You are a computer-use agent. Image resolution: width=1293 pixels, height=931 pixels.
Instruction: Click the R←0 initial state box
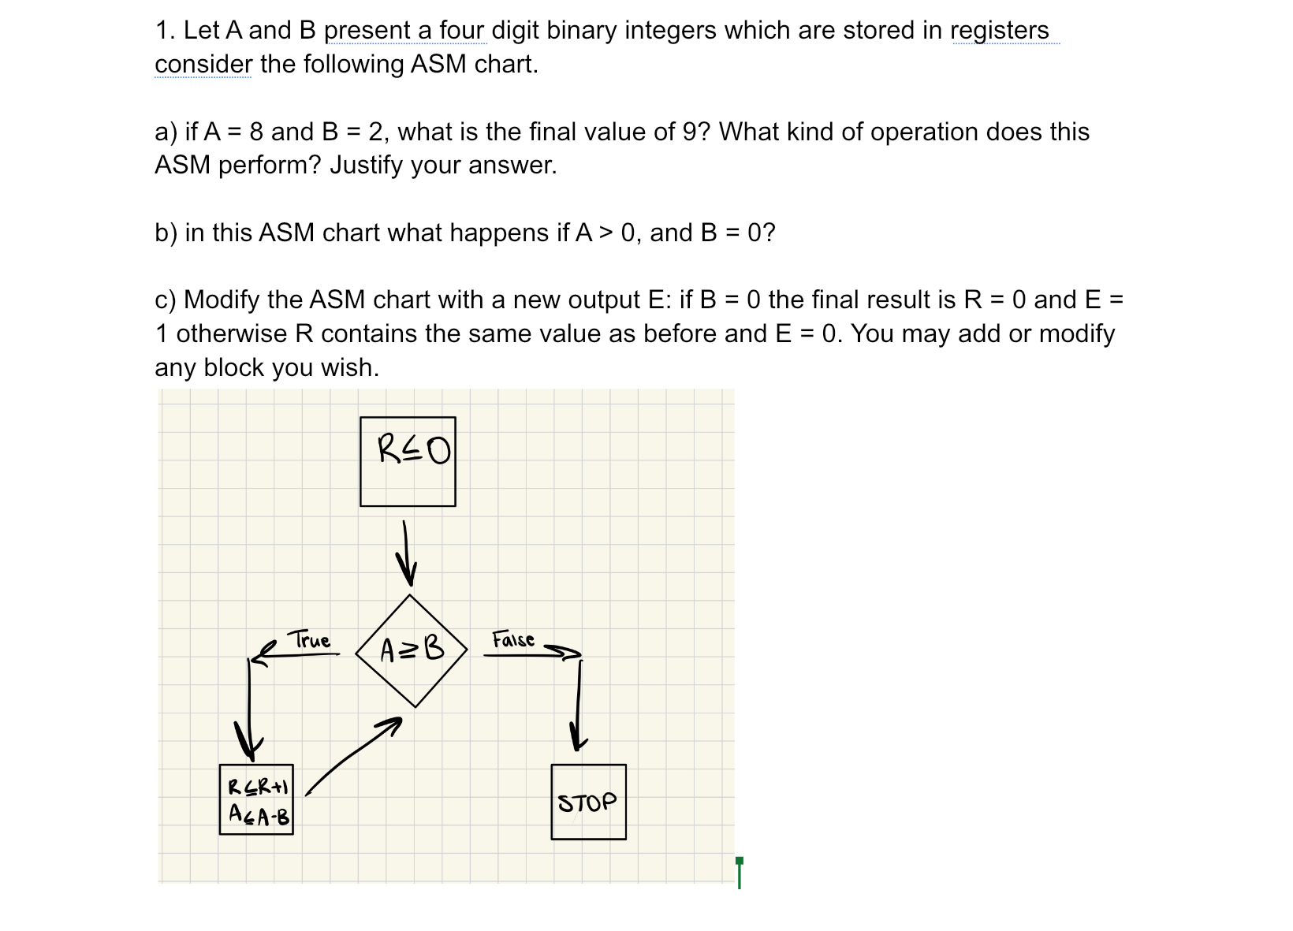coord(408,461)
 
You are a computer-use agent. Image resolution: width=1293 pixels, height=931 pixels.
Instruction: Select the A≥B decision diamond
coord(412,650)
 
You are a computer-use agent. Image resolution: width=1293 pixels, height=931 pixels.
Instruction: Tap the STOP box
coord(588,802)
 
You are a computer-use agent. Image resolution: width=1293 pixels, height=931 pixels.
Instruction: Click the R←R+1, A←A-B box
coord(256,799)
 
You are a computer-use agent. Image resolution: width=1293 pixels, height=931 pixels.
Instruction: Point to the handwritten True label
coord(310,639)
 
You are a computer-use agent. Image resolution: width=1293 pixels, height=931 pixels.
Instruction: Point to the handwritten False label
coord(513,639)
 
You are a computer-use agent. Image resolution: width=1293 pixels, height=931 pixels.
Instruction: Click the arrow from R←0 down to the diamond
coord(406,553)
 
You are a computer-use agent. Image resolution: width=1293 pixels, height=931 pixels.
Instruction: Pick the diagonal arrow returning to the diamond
coord(353,754)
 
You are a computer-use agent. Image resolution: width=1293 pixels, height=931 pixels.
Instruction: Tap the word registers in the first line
coord(999,30)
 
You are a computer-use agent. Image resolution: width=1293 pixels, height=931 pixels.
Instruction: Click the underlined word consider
coord(203,64)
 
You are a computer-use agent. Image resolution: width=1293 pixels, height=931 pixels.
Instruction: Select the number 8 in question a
coord(255,132)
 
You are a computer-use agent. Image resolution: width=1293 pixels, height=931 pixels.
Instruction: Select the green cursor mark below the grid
coord(739,872)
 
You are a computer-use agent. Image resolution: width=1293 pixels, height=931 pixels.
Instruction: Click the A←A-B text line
coord(259,815)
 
